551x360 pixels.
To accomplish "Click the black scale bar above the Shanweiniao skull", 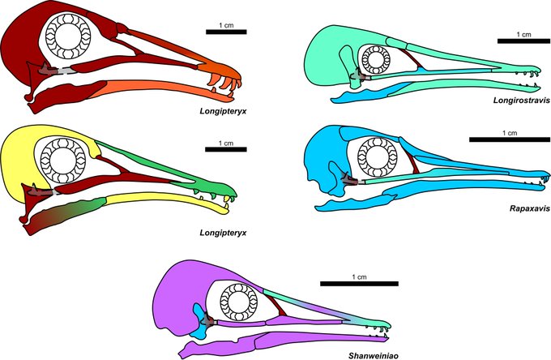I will pos(360,284).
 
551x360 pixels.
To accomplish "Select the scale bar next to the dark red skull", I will pos(220,32).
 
